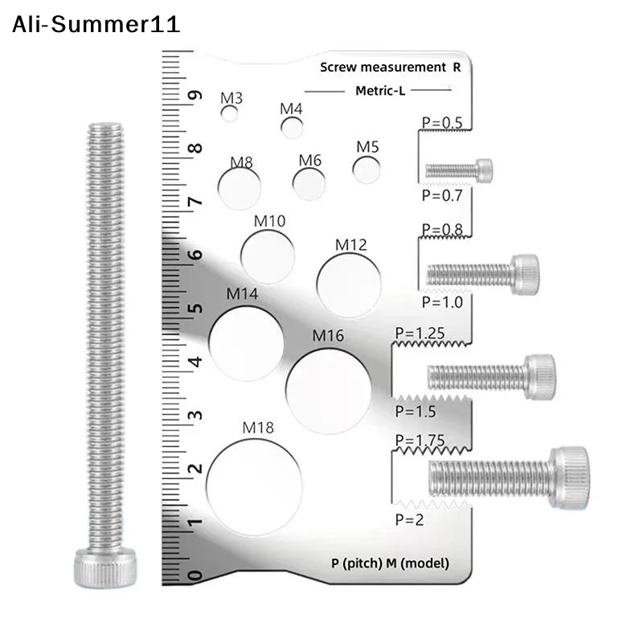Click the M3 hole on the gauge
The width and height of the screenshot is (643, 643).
coord(229,113)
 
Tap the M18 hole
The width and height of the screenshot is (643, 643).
coord(254,488)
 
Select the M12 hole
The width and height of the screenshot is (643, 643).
coord(349,285)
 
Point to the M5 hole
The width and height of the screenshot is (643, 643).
coord(367,170)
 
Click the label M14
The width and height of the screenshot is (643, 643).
coord(242,294)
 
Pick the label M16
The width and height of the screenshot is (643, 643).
coord(328,336)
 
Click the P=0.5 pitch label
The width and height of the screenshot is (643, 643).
coord(442,123)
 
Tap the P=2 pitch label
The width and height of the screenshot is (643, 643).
coord(409,519)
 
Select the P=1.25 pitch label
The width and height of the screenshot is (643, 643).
coord(420,333)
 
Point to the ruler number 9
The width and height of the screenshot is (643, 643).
coord(195,95)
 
